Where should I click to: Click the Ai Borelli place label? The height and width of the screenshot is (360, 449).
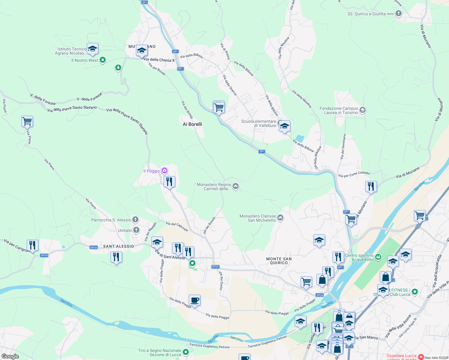pyautogui.click(x=192, y=124)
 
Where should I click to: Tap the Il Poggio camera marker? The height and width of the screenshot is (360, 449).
pyautogui.click(x=164, y=171)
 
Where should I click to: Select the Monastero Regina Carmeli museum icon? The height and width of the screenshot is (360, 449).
pyautogui.click(x=236, y=187)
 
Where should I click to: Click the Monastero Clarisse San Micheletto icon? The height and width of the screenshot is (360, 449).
pyautogui.click(x=280, y=218)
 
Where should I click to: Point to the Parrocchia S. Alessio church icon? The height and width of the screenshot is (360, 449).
pyautogui.click(x=135, y=220)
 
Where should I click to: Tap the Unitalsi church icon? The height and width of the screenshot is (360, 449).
pyautogui.click(x=136, y=230)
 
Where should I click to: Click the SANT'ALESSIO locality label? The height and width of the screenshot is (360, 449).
pyautogui.click(x=119, y=246)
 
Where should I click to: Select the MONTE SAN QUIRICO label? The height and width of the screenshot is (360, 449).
pyautogui.click(x=279, y=261)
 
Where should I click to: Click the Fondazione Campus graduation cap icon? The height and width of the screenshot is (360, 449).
pyautogui.click(x=363, y=110)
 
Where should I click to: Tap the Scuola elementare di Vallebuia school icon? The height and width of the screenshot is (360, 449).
pyautogui.click(x=284, y=126)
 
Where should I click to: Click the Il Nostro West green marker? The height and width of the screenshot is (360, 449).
pyautogui.click(x=103, y=60)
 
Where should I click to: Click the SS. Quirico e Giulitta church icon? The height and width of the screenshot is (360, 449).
pyautogui.click(x=399, y=13)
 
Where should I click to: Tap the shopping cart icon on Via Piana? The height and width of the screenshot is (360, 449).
pyautogui.click(x=27, y=121)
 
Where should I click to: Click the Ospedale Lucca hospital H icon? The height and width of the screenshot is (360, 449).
pyautogui.click(x=421, y=357)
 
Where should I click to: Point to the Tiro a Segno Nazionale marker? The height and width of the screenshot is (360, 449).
pyautogui.click(x=186, y=352)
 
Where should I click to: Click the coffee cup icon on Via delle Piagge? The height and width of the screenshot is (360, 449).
pyautogui.click(x=194, y=300)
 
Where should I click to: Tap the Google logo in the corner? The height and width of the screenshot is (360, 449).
pyautogui.click(x=10, y=356)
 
